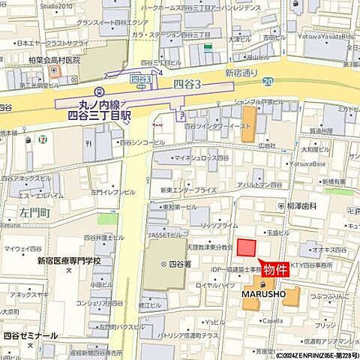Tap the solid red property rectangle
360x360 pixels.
(x=246, y=249)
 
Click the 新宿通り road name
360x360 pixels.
(x=242, y=73)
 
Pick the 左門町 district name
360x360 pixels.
(x=35, y=211)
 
